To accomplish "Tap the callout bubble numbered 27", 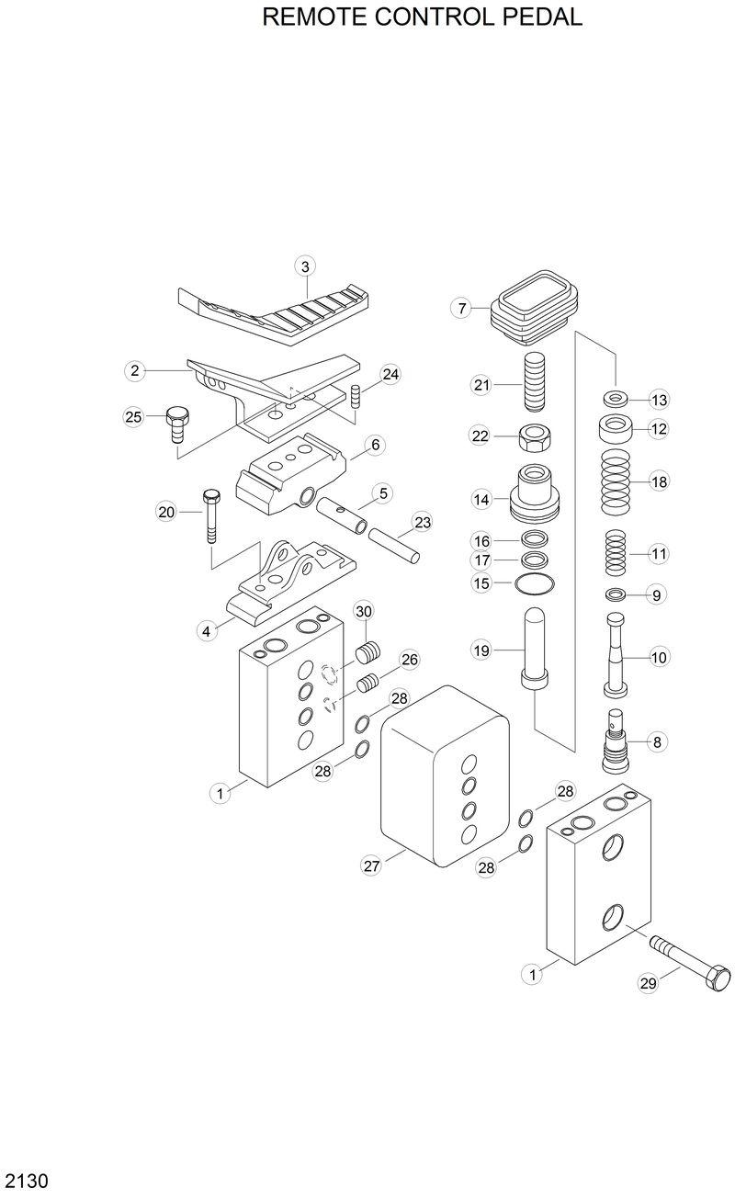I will [x=371, y=865].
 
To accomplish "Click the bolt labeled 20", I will [x=211, y=515].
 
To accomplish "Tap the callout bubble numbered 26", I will [x=409, y=660].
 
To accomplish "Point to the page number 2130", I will [x=27, y=1179].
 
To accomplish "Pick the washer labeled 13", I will [x=616, y=400].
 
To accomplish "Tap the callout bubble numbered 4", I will [x=208, y=630].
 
